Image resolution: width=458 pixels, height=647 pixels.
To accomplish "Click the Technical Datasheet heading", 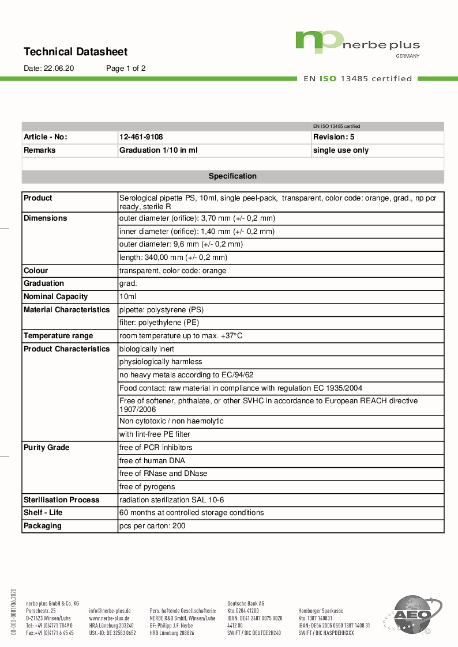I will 76,52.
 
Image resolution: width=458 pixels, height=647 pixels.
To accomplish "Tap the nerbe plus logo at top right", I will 357,43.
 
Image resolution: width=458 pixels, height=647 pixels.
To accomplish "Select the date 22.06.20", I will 59,68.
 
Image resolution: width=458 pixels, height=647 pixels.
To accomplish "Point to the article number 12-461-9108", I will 141,137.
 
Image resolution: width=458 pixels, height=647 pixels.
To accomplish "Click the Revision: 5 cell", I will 333,137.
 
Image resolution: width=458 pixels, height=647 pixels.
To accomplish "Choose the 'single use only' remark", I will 340,150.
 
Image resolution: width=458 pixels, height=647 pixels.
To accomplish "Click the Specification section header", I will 232,176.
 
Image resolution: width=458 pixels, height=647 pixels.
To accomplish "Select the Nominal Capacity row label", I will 55,297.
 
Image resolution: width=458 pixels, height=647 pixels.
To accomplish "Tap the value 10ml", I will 127,297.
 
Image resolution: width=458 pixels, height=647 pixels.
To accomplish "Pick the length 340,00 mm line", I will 173,258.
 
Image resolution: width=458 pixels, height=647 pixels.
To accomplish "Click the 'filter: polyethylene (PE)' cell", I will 159,323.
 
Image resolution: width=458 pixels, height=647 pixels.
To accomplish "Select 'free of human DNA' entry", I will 152,460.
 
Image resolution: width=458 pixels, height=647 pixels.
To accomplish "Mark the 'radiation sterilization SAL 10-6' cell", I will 171,500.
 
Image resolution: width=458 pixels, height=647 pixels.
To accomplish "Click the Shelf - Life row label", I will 43,513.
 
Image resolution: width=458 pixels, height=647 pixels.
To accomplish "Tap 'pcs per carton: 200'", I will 152,526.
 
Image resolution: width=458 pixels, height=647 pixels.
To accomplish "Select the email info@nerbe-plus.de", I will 110,611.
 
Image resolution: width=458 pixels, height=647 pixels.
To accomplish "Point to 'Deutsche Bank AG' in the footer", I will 246,603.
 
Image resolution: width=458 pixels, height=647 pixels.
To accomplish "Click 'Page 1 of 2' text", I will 126,68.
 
